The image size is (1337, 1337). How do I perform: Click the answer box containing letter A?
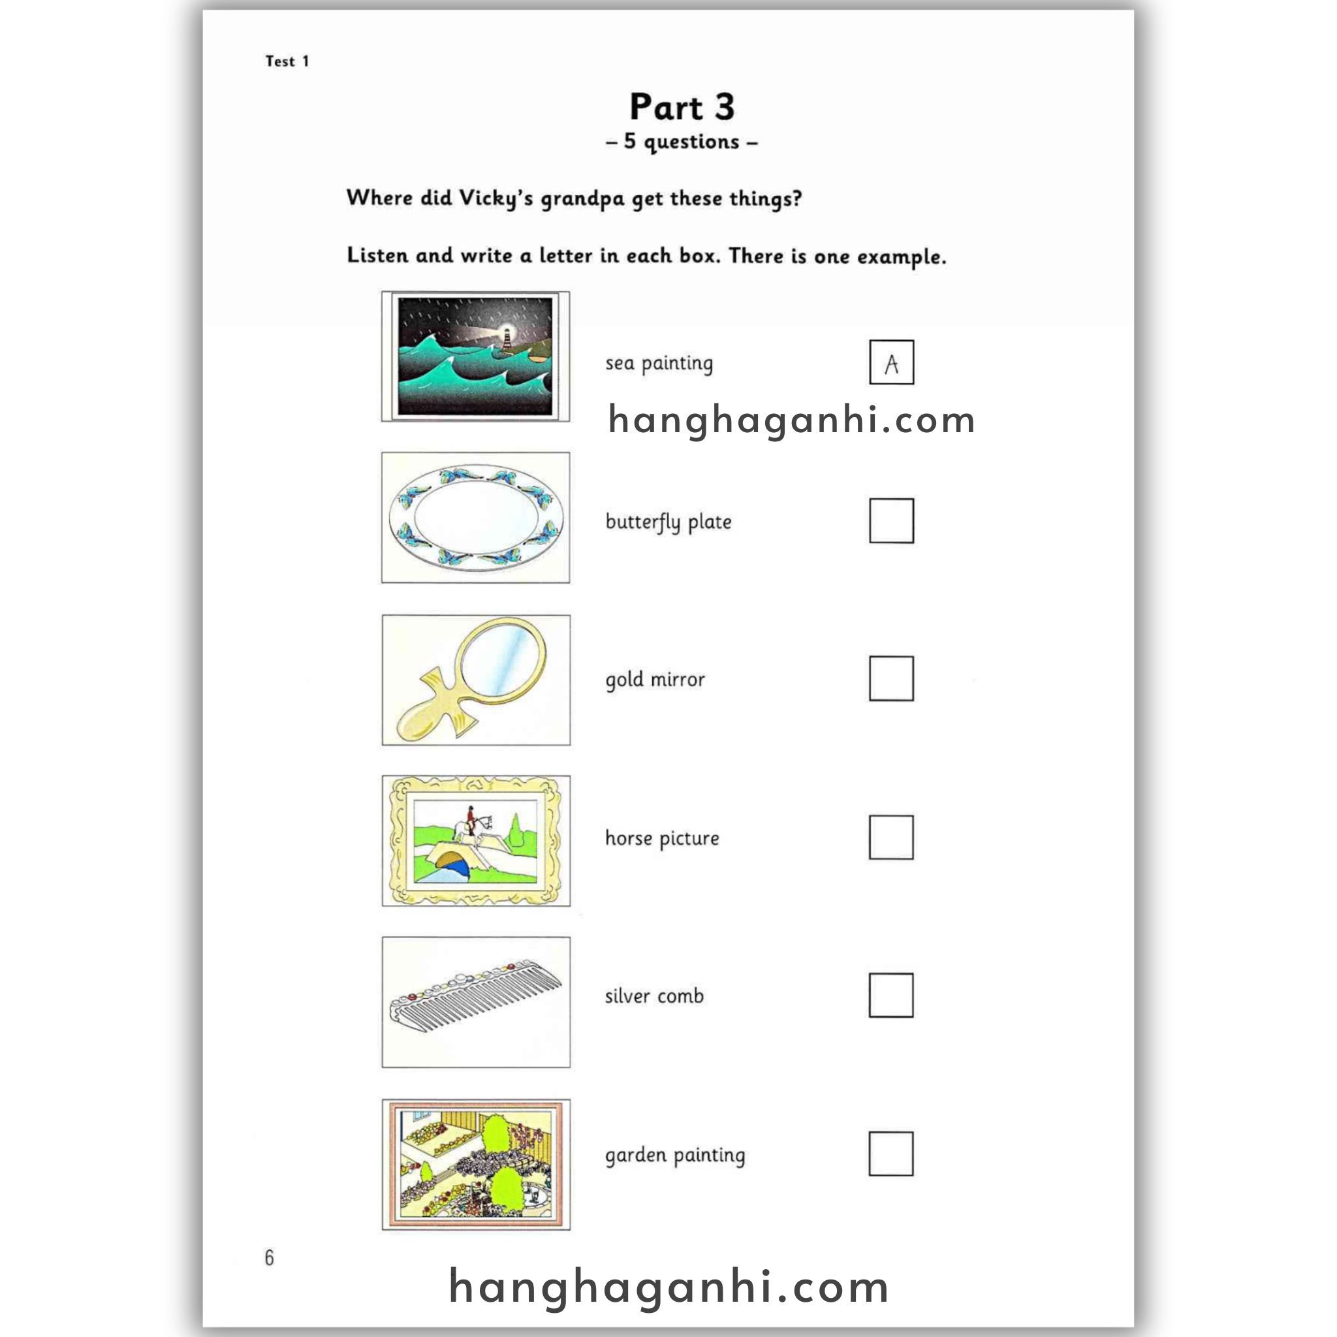click(891, 362)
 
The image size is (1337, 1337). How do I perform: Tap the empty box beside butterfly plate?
click(891, 520)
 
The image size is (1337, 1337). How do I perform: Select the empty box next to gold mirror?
click(891, 678)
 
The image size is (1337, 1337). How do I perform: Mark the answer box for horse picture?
click(891, 837)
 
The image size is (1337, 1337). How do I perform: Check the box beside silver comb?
click(891, 995)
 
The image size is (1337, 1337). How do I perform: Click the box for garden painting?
click(891, 1154)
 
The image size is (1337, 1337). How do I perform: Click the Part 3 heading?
click(682, 107)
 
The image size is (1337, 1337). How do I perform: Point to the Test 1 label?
click(287, 61)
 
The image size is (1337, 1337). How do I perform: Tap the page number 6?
click(269, 1257)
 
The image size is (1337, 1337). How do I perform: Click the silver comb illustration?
click(476, 1001)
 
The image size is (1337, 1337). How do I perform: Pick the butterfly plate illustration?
click(476, 518)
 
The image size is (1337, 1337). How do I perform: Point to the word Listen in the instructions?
click(377, 255)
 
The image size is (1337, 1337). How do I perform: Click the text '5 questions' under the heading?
click(682, 142)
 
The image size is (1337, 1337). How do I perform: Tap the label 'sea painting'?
click(659, 364)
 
